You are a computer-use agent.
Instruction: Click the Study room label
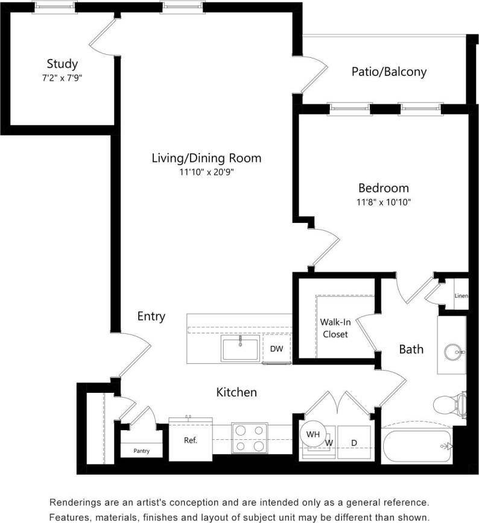[x=62, y=64]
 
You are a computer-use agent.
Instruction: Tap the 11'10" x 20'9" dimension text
[x=206, y=172]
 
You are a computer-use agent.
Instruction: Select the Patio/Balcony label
[x=389, y=72]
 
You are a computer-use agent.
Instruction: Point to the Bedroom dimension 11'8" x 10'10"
[x=383, y=202]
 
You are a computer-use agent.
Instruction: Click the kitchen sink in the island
[x=240, y=349]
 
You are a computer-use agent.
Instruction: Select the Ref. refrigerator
[x=190, y=440]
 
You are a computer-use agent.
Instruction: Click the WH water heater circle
[x=312, y=434]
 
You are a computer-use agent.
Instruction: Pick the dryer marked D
[x=354, y=443]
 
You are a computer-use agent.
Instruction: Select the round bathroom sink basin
[x=455, y=351]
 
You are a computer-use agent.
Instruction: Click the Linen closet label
[x=461, y=296]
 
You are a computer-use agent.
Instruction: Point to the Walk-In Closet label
[x=335, y=328]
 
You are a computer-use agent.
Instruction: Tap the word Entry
[x=151, y=316]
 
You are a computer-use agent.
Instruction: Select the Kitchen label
[x=236, y=392]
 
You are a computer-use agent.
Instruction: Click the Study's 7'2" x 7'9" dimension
[x=62, y=78]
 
